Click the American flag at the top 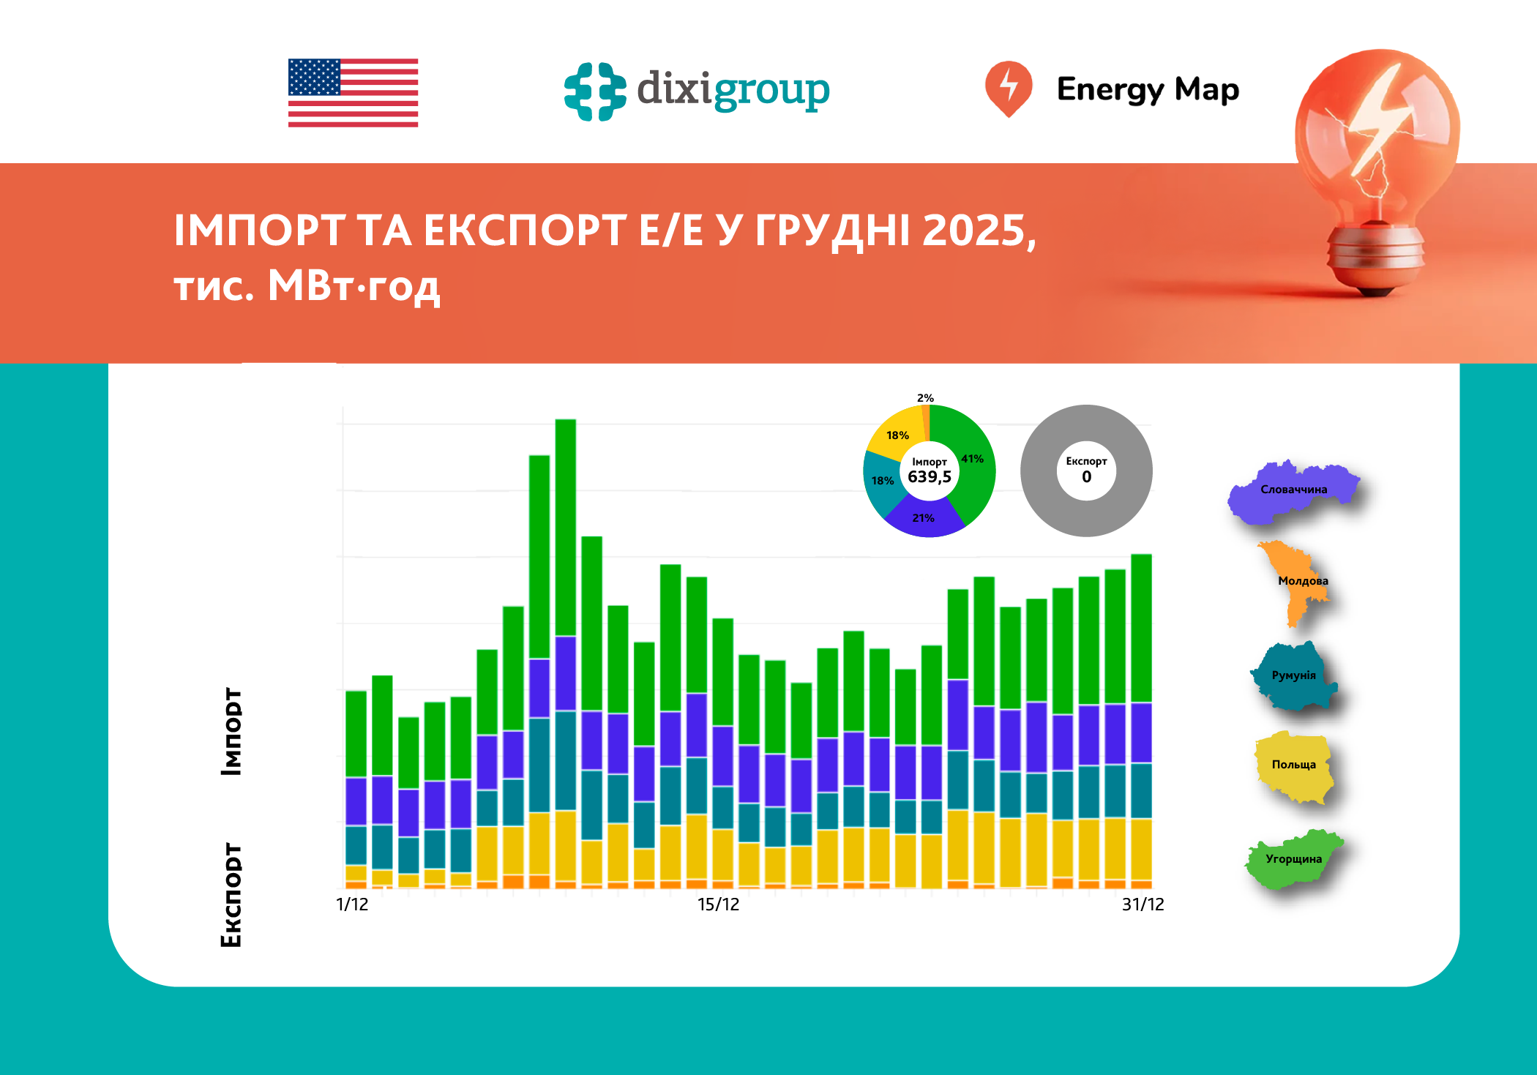353,93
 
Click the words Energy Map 1147,89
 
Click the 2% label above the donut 925,398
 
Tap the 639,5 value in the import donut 929,477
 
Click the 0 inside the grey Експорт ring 1086,477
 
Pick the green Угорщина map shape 1293,859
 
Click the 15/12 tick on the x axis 718,904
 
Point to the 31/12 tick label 1143,904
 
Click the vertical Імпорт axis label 231,731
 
